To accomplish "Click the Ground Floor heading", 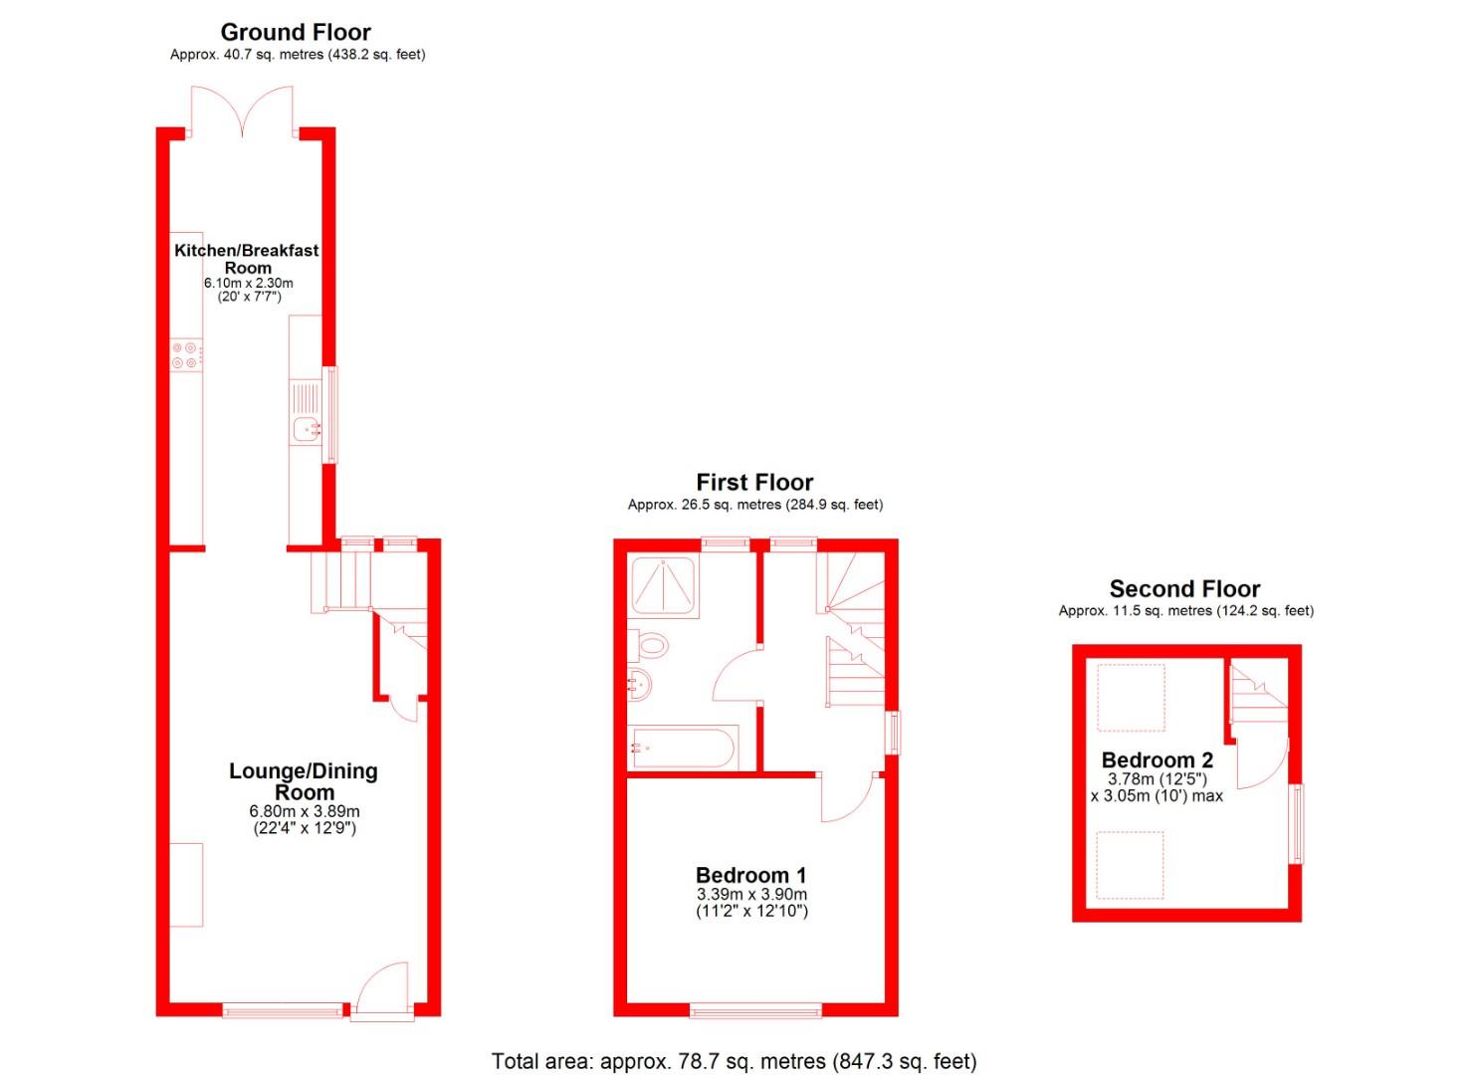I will point(296,32).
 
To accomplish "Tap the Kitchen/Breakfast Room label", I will point(247,259).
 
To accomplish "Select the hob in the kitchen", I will point(186,355).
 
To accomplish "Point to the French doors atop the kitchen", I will point(242,111).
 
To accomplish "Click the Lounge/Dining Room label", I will point(304,781).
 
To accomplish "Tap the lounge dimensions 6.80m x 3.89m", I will point(304,811).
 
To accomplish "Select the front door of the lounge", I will point(382,990).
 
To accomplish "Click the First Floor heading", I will point(754,483).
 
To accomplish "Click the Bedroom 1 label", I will point(750,875).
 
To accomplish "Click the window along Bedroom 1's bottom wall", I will point(755,1011).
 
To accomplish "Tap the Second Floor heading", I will point(1184,589).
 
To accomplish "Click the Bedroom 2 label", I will point(1158,760).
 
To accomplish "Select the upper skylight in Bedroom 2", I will point(1130,698).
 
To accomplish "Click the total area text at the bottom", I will point(735,1061).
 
